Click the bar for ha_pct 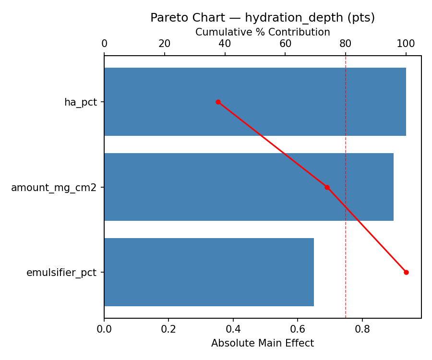pos(255,102)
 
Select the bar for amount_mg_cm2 pos(249,187)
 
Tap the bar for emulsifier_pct pos(209,272)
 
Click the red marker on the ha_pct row pos(218,102)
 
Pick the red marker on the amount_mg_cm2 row pos(327,187)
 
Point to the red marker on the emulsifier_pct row pos(406,272)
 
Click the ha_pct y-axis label pos(80,102)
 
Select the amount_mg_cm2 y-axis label pos(54,188)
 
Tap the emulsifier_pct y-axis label pos(61,273)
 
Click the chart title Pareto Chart pos(263,18)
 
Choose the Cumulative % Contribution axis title pos(263,32)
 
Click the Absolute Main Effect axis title pos(263,343)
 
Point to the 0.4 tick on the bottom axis pos(233,329)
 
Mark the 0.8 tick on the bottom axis pos(362,329)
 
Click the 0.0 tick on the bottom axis pos(104,329)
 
